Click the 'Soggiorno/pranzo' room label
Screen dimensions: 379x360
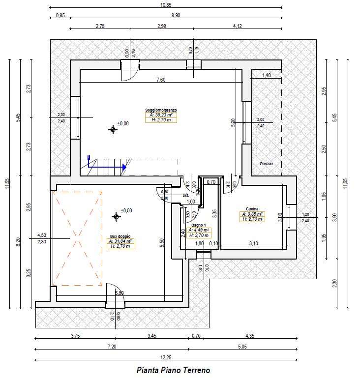(x=161, y=110)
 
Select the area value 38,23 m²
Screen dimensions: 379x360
(x=161, y=115)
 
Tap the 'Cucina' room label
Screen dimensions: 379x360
(x=252, y=209)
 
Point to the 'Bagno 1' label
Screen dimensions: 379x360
(x=199, y=225)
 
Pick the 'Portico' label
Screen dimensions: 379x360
(x=266, y=164)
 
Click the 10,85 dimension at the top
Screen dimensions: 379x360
(x=166, y=4)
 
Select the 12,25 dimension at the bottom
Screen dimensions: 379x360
(x=166, y=358)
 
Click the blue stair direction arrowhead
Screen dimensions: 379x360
(x=124, y=168)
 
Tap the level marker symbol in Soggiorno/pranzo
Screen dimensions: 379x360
(x=113, y=129)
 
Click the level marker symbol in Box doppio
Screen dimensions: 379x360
(x=117, y=216)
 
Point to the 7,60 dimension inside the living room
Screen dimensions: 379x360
(x=161, y=79)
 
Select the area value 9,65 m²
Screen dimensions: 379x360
(x=252, y=214)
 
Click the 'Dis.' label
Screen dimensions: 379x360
(x=186, y=195)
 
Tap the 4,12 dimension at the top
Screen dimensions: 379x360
(x=238, y=26)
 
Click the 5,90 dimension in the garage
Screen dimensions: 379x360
(x=119, y=293)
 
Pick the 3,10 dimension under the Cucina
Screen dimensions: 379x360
(x=254, y=243)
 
